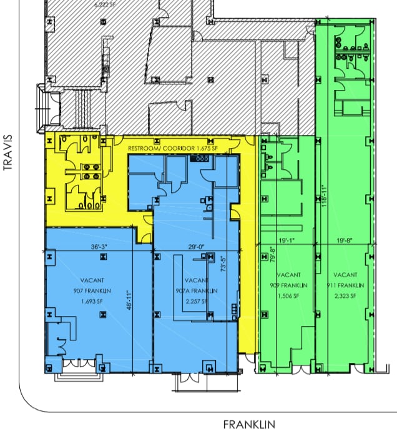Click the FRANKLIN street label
249,425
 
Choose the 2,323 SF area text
345,295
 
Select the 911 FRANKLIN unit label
345,285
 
